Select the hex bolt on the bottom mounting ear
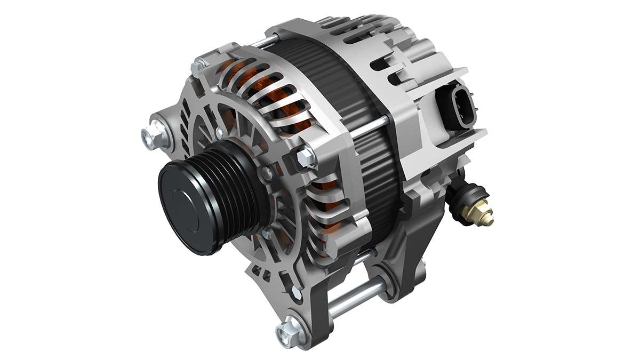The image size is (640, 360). pos(289,331)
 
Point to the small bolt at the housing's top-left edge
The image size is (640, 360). pos(199,65)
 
